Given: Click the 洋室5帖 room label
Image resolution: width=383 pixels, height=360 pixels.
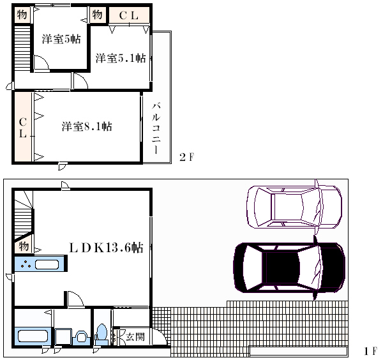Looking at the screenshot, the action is [61, 39].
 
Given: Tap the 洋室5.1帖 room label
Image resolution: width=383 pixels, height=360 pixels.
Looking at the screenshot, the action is [121, 58].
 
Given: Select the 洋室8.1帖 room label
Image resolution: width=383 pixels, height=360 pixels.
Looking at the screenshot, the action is [87, 126].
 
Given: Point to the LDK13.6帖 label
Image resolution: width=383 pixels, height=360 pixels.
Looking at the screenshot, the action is [106, 248].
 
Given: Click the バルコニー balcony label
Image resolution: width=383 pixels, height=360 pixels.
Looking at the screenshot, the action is [156, 128].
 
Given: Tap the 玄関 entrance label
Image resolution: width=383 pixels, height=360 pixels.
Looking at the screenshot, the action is [135, 337].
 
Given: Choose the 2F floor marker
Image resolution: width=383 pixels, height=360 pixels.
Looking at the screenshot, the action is [187, 157].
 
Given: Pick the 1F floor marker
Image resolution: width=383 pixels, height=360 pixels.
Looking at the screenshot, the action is [370, 351].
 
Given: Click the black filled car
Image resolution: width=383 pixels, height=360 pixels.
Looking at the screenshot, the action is [289, 267].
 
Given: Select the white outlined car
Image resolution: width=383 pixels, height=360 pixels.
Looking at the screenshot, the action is [294, 207].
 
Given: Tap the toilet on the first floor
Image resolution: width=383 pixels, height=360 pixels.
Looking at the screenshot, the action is [101, 334].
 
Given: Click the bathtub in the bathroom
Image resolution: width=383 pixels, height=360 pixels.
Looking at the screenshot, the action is [33, 336].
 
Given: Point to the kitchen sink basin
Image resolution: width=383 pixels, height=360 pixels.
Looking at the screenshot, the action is [47, 264].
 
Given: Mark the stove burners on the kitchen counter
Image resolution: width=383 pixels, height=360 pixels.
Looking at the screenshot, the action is [26, 264].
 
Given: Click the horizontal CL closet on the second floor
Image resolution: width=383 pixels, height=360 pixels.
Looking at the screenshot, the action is [129, 15].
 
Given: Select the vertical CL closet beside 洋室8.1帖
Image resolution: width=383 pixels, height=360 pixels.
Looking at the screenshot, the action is [23, 127].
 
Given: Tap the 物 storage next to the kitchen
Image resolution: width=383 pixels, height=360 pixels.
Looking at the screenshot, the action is [24, 245].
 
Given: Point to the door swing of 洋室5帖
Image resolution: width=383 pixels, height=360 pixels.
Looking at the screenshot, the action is [41, 63].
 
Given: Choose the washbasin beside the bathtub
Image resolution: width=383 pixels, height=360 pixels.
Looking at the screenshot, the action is [81, 337].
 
